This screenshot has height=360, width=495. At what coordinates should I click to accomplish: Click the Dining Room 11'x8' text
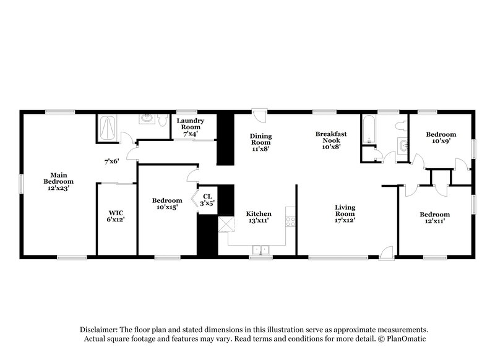(261, 143)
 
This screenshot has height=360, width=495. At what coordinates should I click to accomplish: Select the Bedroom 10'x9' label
(441, 137)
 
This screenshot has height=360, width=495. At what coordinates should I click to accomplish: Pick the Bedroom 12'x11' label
(434, 218)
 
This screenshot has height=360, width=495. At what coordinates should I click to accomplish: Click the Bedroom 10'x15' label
(167, 204)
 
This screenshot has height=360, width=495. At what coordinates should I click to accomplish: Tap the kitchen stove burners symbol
(288, 220)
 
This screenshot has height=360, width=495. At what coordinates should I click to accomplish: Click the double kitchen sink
(260, 250)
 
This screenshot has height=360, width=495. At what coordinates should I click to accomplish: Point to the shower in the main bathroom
(108, 129)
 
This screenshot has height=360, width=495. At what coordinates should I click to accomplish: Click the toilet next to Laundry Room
(163, 122)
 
